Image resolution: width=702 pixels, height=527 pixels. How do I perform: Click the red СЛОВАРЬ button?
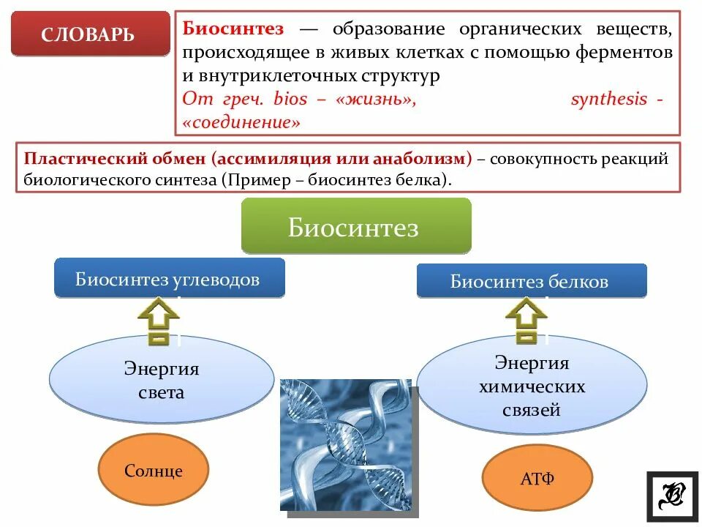(x=88, y=34)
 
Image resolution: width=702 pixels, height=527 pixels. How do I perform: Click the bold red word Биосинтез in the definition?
(x=233, y=29)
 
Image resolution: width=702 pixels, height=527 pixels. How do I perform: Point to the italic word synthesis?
(x=608, y=99)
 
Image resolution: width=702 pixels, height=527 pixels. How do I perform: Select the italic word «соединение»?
(x=243, y=122)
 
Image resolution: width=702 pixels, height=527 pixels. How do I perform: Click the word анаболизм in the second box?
(x=426, y=159)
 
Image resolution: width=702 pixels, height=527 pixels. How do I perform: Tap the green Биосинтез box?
(x=356, y=227)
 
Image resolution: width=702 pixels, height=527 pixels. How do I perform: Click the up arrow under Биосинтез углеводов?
(x=159, y=321)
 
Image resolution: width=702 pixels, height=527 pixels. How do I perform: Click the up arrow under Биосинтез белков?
(x=526, y=321)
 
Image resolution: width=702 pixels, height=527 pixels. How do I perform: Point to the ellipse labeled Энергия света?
(x=162, y=380)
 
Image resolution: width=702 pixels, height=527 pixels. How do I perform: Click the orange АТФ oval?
(x=537, y=479)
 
